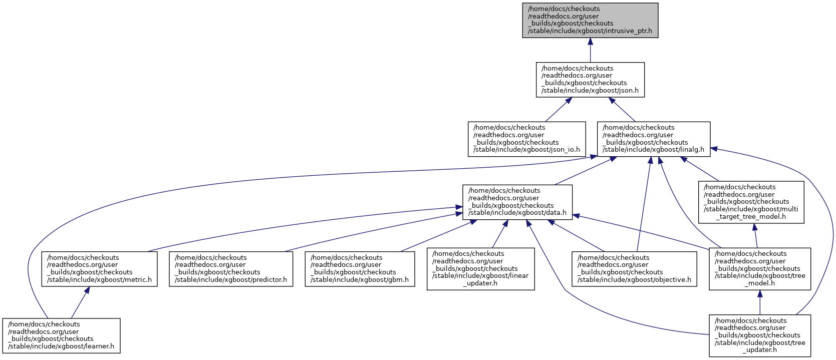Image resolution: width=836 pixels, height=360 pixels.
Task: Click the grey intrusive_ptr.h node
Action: pos(590,20)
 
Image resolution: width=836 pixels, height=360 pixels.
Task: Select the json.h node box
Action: pos(590,80)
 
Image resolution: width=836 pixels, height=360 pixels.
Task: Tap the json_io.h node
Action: pos(526,139)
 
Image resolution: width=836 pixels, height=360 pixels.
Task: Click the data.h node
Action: pos(517,202)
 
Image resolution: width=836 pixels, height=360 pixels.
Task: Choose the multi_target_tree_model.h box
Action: pos(751,202)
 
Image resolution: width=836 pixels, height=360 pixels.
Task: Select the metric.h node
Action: pos(99,269)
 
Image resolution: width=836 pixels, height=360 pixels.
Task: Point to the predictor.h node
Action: pos(231,269)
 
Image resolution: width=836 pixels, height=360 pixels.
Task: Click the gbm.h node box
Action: pos(360,269)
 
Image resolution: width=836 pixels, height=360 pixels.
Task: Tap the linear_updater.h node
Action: pos(480,269)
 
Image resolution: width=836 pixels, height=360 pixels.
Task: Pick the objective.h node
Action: pos(634,269)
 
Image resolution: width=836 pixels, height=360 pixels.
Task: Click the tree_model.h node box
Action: pos(759,269)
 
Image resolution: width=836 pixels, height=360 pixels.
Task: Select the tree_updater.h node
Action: pos(759,335)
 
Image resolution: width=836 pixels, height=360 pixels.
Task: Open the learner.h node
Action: pos(61,335)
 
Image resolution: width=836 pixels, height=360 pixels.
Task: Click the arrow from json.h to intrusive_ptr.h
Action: pos(590,50)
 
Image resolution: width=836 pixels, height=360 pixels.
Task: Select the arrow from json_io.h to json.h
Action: pos(556,110)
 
